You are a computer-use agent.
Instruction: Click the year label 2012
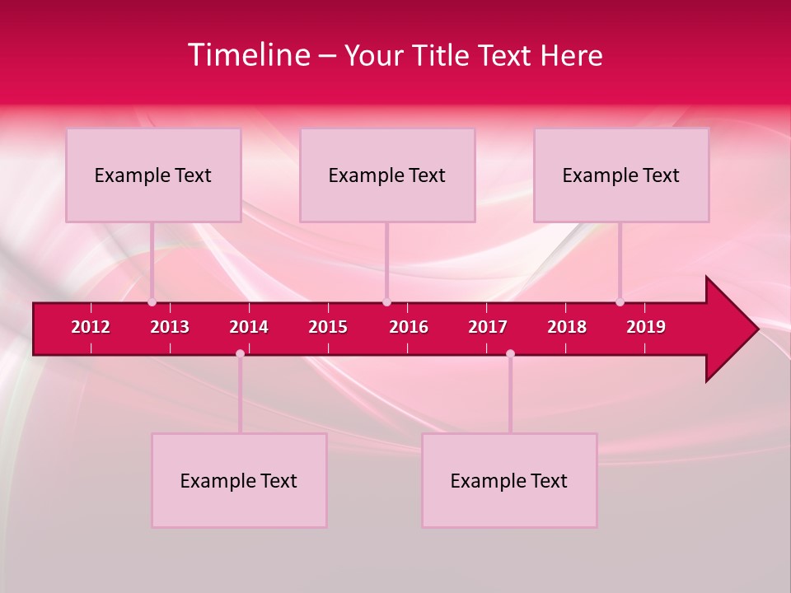pyautogui.click(x=91, y=327)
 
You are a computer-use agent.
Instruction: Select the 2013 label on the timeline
pyautogui.click(x=170, y=327)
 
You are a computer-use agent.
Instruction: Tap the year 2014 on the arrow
pyautogui.click(x=249, y=327)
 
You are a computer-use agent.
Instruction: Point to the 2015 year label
pyautogui.click(x=328, y=327)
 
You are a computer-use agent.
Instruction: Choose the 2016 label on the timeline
pyautogui.click(x=409, y=327)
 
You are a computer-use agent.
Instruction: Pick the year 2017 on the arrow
pyautogui.click(x=488, y=327)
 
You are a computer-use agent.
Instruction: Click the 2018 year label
pyautogui.click(x=567, y=327)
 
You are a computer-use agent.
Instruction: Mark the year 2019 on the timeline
pyautogui.click(x=646, y=327)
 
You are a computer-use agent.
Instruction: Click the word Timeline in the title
pyautogui.click(x=249, y=55)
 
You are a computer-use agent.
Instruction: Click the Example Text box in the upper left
pyautogui.click(x=153, y=175)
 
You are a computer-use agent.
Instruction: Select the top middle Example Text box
pyautogui.click(x=387, y=175)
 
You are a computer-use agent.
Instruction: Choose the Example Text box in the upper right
pyautogui.click(x=621, y=175)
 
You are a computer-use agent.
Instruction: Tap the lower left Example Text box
pyautogui.click(x=239, y=481)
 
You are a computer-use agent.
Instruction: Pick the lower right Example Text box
pyautogui.click(x=509, y=481)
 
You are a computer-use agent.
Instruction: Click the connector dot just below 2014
pyautogui.click(x=240, y=353)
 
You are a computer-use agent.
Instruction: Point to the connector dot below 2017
pyautogui.click(x=510, y=353)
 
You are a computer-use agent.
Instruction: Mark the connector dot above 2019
pyautogui.click(x=620, y=302)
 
